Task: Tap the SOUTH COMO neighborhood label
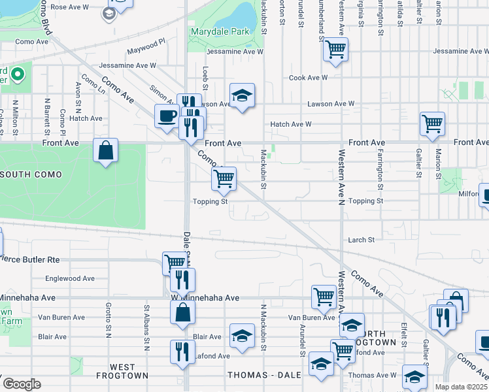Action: (31, 174)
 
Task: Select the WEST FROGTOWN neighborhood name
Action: (115, 371)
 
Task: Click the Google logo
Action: (22, 384)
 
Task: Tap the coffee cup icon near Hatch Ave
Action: (165, 115)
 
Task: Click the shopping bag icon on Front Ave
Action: (105, 151)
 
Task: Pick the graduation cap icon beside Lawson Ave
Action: (242, 95)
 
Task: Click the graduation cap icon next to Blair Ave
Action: (242, 336)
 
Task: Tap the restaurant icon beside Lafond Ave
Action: (182, 351)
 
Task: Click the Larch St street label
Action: (361, 240)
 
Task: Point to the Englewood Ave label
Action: (70, 278)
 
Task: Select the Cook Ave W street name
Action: (309, 78)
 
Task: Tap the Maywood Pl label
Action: (147, 47)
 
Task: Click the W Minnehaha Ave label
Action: (205, 298)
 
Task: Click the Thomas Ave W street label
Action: (373, 376)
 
